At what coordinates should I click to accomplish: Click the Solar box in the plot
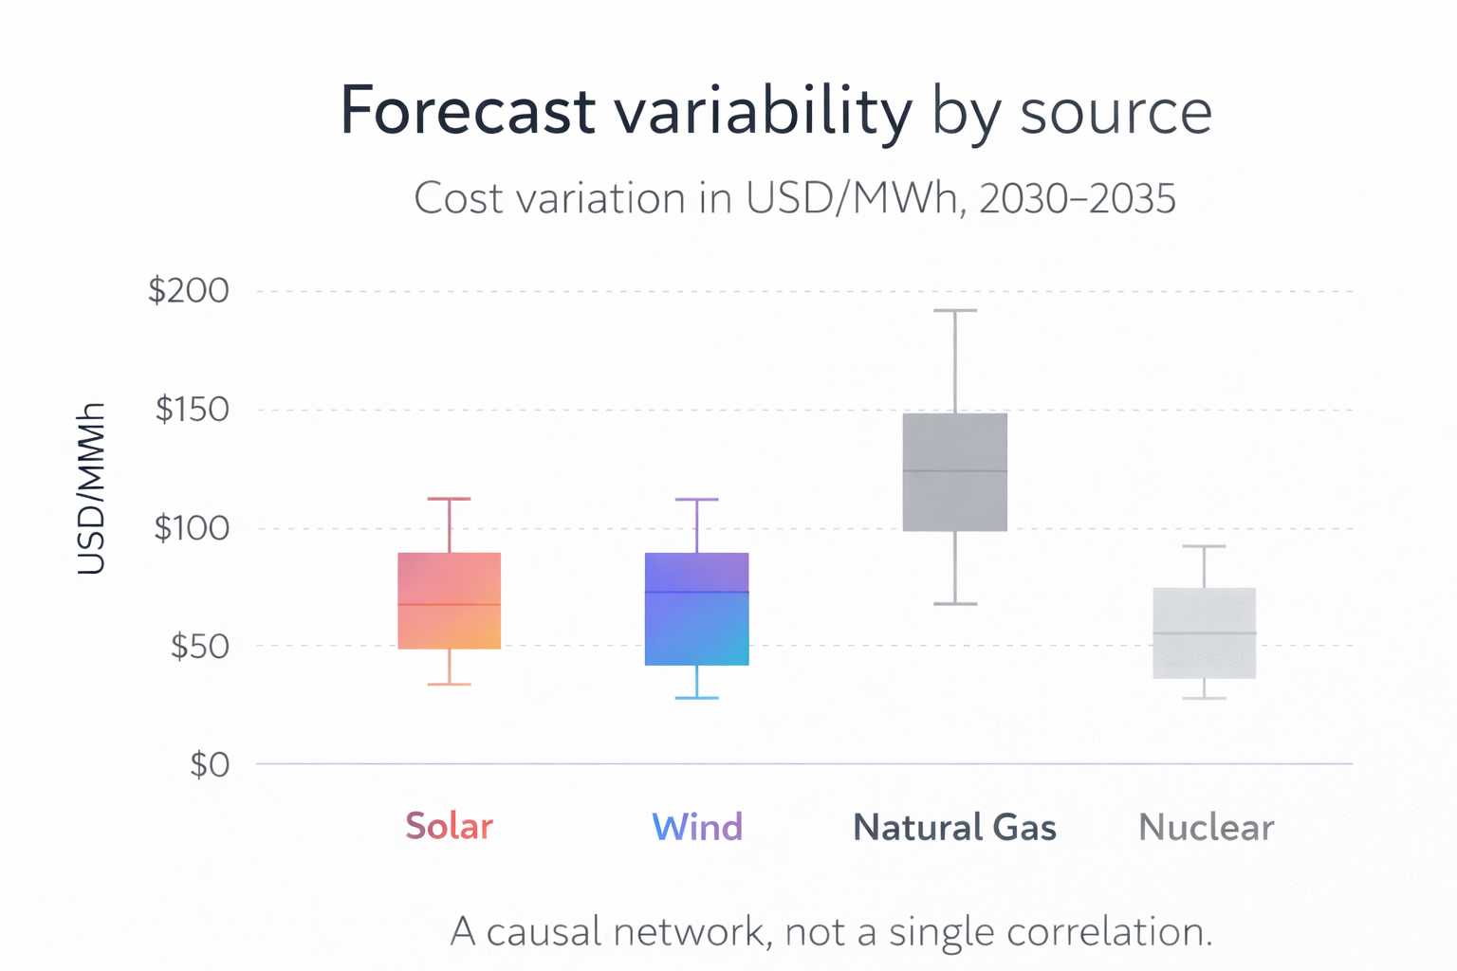(449, 600)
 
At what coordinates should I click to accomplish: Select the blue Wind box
(696, 609)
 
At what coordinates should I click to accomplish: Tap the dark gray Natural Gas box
(954, 472)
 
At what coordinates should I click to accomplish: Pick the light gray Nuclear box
(1204, 632)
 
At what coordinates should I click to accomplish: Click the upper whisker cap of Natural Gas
(954, 311)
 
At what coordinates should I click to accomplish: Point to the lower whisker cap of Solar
(449, 684)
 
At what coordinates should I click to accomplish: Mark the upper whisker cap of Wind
(696, 499)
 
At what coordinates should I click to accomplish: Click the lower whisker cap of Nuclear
(1204, 698)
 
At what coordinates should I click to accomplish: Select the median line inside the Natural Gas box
(954, 470)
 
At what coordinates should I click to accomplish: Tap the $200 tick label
(189, 291)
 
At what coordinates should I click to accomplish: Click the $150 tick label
(192, 410)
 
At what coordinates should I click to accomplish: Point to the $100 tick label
(192, 528)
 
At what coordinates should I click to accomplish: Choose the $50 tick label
(199, 647)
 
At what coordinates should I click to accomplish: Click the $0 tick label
(210, 764)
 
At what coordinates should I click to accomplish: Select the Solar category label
(449, 827)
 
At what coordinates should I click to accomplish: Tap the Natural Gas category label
(954, 828)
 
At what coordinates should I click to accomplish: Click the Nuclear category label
(1206, 828)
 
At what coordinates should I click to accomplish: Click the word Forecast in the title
(467, 111)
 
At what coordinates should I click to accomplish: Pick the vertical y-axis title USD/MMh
(91, 489)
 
